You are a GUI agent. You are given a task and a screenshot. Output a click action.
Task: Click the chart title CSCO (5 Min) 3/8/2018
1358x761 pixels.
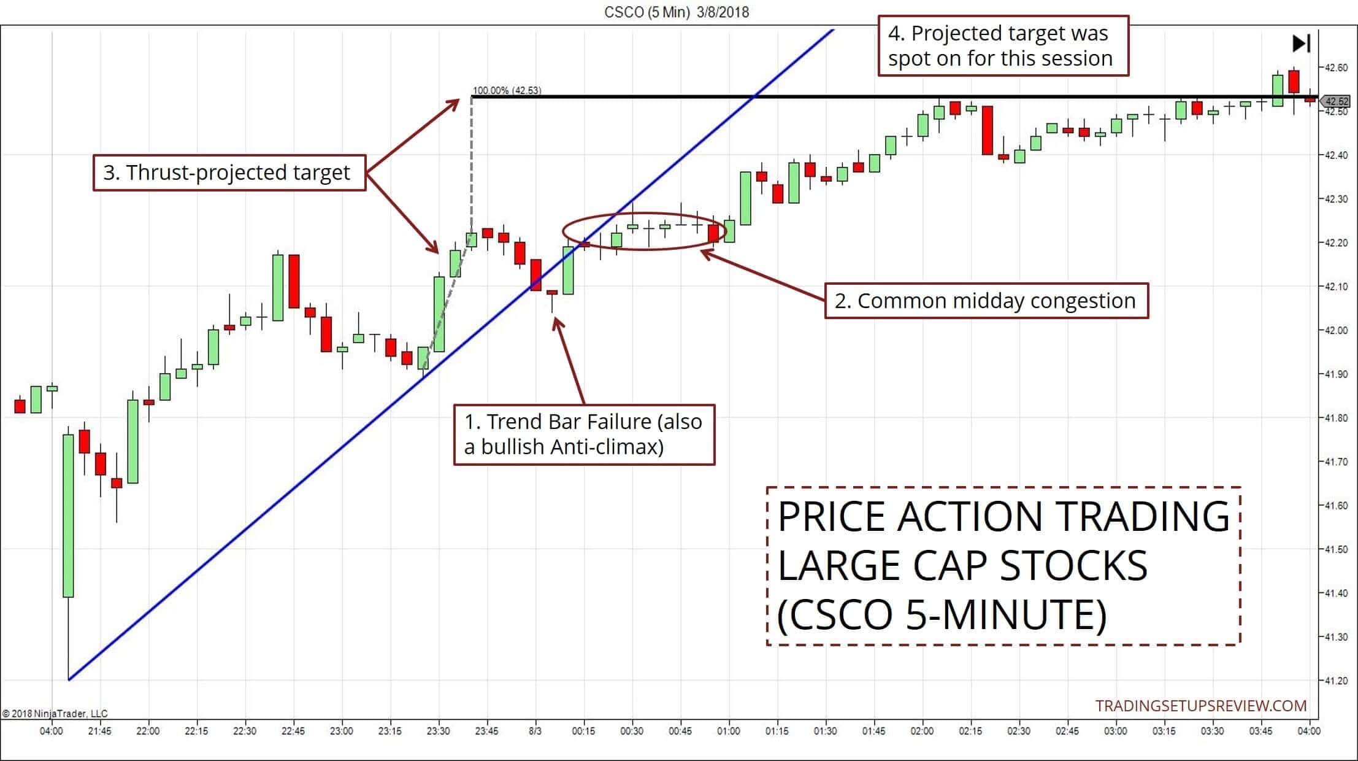click(676, 12)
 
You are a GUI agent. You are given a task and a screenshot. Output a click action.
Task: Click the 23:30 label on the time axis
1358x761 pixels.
click(438, 731)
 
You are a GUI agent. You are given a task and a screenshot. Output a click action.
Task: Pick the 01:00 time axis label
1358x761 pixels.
click(728, 731)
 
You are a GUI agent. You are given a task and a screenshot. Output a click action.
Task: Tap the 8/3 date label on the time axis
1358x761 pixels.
click(535, 731)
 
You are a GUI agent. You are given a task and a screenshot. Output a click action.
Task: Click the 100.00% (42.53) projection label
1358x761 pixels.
click(507, 90)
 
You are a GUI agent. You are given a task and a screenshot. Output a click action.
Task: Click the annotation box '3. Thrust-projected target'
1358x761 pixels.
click(229, 172)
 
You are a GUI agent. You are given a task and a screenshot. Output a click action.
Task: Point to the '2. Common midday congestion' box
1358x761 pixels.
click(986, 301)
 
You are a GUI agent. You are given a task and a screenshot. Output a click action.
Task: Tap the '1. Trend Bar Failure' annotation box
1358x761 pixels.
click(584, 435)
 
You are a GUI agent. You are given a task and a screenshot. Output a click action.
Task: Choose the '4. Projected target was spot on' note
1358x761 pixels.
click(1003, 46)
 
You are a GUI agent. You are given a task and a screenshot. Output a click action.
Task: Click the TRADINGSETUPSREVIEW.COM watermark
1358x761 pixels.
click(1201, 706)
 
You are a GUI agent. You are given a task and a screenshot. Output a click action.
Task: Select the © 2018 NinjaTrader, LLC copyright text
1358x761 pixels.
click(55, 713)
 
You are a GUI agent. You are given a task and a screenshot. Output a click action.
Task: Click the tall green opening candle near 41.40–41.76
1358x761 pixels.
click(68, 516)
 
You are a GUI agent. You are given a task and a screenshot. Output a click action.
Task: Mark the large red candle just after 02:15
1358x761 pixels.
click(987, 130)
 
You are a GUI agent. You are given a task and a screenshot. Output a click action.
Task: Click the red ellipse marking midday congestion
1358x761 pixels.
click(644, 231)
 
